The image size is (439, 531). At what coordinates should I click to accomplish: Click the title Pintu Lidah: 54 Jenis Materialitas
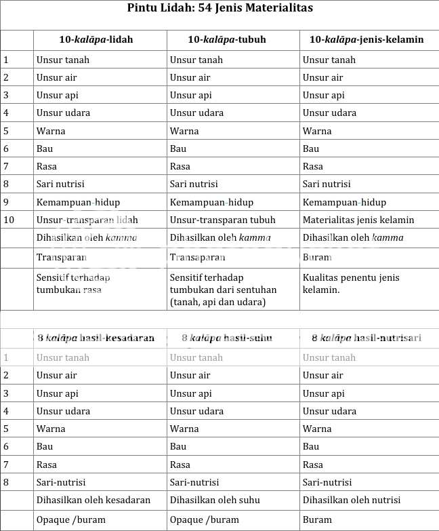pos(219,8)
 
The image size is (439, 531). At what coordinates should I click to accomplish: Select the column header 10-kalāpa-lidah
pos(96,39)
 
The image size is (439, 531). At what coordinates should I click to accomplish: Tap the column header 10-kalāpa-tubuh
pos(226,39)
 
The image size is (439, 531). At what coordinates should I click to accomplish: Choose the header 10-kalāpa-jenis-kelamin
pos(366,39)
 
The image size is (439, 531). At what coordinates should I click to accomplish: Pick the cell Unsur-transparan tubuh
pos(222,220)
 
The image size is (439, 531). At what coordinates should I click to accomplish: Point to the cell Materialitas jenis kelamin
pos(358,220)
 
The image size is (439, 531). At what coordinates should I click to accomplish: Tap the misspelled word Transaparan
pos(197,258)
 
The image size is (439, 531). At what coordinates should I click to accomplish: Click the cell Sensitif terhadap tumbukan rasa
pos(73,283)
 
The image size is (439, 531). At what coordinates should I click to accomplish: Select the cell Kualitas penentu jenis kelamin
pos(351,283)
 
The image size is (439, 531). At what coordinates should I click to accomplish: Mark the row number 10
pos(9,220)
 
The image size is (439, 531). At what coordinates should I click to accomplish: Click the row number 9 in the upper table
pos(6,202)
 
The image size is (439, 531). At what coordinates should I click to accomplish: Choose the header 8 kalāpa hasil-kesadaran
pos(96,338)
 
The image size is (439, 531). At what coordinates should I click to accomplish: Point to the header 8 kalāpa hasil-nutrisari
pos(366,338)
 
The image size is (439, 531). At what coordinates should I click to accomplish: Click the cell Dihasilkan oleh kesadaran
pos(93,500)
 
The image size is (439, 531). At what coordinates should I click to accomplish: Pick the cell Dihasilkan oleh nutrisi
pos(351,500)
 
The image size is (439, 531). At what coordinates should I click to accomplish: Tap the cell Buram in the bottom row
pos(317,520)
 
